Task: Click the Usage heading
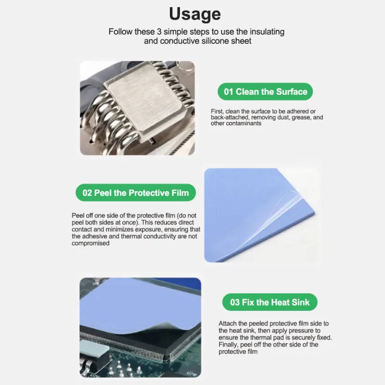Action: [x=195, y=14]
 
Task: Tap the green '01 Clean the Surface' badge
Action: [x=265, y=91]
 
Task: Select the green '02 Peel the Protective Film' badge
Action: [x=136, y=193]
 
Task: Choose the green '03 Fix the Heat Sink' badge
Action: [x=270, y=302]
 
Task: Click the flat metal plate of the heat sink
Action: [x=145, y=98]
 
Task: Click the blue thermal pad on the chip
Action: [x=140, y=305]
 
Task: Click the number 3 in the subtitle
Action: [x=159, y=32]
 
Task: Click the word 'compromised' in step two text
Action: [x=90, y=244]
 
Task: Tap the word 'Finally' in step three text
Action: [x=228, y=345]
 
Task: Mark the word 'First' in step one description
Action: [x=217, y=111]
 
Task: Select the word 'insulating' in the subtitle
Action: [x=267, y=32]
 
